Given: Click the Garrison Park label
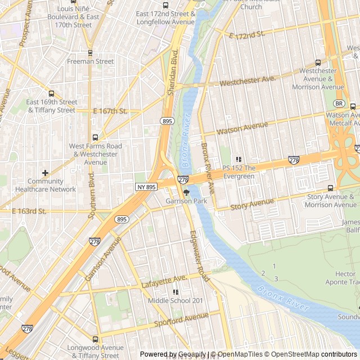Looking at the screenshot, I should [186, 201].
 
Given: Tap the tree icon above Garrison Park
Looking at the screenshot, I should [187, 192].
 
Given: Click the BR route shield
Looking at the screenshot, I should [339, 103].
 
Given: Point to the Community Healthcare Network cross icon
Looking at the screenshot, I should [45, 173].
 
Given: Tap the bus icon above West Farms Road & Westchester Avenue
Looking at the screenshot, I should [94, 137].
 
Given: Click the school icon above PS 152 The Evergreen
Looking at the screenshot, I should [238, 160].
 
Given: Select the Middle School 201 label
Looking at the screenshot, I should [175, 301].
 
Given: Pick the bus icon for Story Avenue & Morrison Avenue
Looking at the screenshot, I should [330, 188].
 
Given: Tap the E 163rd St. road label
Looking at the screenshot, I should [29, 211].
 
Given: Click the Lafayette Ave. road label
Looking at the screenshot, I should [164, 281].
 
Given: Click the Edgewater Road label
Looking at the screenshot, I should [200, 255].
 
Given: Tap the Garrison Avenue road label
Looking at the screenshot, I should [103, 259].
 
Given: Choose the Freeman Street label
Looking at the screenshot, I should [90, 61].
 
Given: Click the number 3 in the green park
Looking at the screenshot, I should [276, 279].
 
